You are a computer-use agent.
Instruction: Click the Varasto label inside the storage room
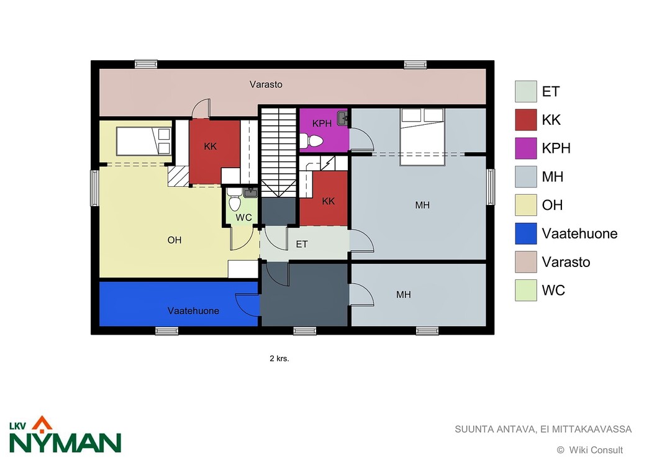(x=266, y=84)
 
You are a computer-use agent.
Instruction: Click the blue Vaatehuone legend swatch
(x=525, y=233)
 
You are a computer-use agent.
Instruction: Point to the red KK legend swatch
(x=525, y=120)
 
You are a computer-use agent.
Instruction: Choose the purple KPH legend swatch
(x=525, y=148)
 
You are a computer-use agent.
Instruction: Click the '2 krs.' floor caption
(x=279, y=359)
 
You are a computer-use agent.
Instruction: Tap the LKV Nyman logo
(x=65, y=435)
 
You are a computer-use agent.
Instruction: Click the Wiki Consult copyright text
(x=590, y=450)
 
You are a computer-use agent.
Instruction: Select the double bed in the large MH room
(x=422, y=137)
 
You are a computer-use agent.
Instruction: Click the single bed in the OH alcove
(x=143, y=142)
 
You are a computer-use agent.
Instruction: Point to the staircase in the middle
(x=278, y=152)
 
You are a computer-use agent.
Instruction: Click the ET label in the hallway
(x=301, y=245)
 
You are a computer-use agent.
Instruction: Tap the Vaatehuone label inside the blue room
(x=193, y=311)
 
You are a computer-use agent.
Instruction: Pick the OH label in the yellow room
(x=175, y=240)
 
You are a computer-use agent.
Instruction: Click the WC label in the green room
(x=243, y=218)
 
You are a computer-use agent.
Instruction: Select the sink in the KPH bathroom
(x=342, y=119)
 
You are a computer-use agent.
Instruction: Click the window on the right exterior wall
(x=490, y=187)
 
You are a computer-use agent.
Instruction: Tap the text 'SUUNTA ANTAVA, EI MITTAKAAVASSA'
(x=543, y=430)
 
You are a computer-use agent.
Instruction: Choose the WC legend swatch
(x=525, y=291)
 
